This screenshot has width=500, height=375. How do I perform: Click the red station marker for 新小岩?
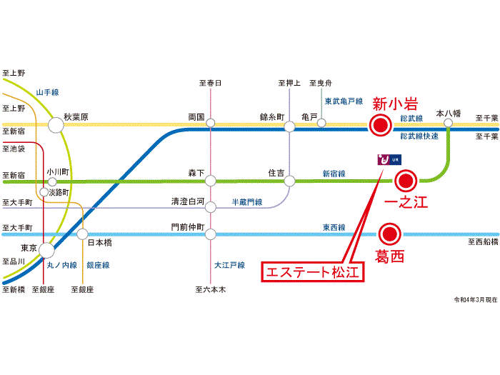(381, 126)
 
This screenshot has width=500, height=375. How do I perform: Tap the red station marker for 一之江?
(406, 180)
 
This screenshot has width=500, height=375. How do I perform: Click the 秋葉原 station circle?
(56, 126)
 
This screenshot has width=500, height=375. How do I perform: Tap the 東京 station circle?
(47, 250)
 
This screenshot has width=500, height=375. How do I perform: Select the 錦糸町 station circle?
(289, 126)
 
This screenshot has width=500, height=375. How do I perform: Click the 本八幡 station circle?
(449, 123)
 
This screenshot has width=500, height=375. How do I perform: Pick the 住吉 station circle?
(289, 181)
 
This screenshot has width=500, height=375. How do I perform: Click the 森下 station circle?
(211, 181)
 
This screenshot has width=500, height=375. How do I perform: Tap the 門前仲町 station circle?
(211, 234)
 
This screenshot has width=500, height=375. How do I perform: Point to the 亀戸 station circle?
(321, 123)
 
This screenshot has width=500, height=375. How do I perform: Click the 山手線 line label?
(47, 92)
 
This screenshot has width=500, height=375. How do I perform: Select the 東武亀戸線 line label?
(344, 101)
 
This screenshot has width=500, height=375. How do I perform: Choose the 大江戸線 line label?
(229, 265)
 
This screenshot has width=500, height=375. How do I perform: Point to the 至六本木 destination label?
(210, 289)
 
